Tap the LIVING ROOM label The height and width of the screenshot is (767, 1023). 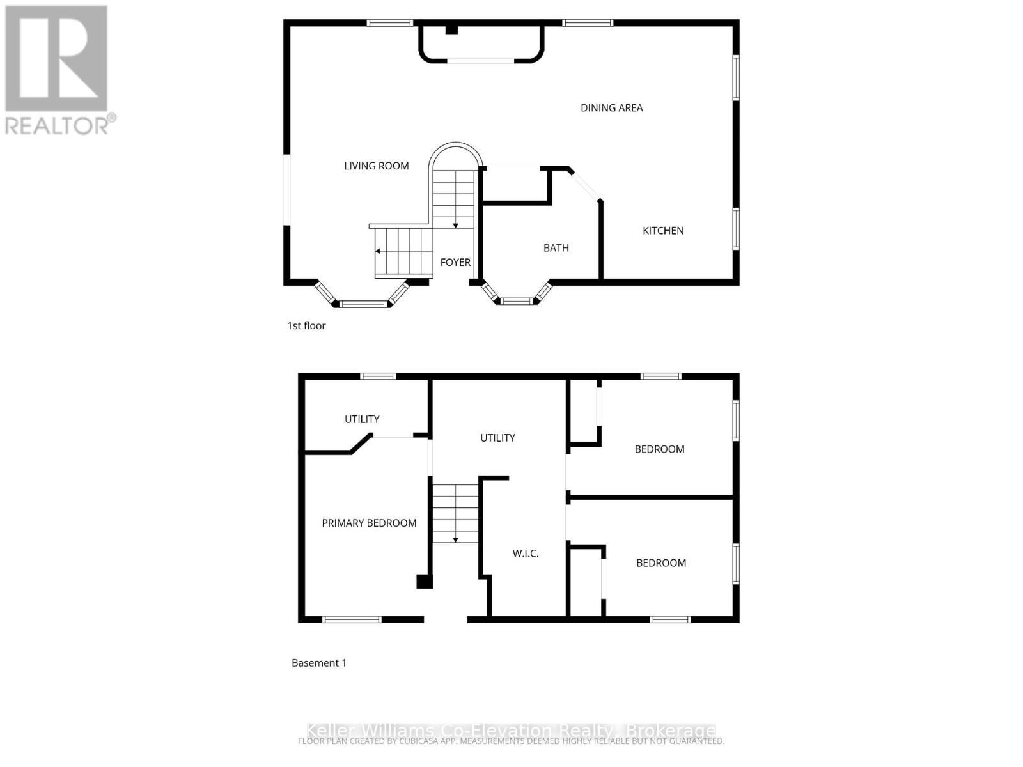(376, 166)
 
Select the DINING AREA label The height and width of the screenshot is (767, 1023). (611, 108)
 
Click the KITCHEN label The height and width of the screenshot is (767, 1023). (663, 231)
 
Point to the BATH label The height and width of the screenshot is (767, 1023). (556, 248)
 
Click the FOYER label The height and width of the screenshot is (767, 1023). (455, 262)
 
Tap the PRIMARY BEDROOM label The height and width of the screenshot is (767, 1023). (369, 523)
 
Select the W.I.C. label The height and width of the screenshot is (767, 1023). (526, 554)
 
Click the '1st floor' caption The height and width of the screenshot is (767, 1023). (306, 326)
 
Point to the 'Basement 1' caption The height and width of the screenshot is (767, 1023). (318, 663)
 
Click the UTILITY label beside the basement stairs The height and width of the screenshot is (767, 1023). (497, 438)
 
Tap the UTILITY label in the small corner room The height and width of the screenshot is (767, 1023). (362, 419)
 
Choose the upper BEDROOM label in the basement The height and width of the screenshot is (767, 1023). (659, 449)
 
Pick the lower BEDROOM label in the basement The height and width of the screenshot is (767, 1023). (660, 563)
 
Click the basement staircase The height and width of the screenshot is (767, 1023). (455, 513)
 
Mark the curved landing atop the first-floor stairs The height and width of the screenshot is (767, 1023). (455, 157)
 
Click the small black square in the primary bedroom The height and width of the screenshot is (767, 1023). (424, 582)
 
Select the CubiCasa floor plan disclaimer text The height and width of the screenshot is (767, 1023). (511, 741)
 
